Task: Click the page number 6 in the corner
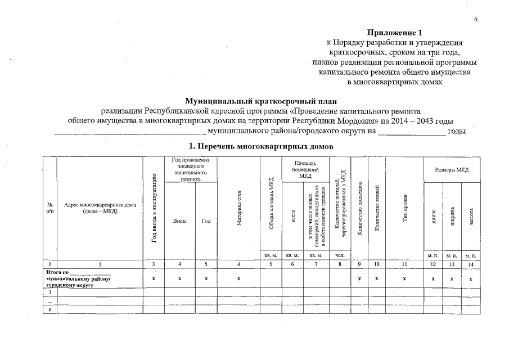click(x=475, y=20)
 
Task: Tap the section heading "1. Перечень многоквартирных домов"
click(x=260, y=146)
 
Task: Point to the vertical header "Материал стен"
click(x=238, y=208)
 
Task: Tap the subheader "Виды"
click(x=179, y=220)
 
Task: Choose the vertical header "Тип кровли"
click(x=405, y=208)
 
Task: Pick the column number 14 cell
click(x=471, y=264)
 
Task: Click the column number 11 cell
click(x=405, y=264)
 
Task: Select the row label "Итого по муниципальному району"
click(x=79, y=278)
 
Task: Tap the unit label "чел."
click(x=339, y=256)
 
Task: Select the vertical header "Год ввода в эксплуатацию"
click(x=154, y=208)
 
